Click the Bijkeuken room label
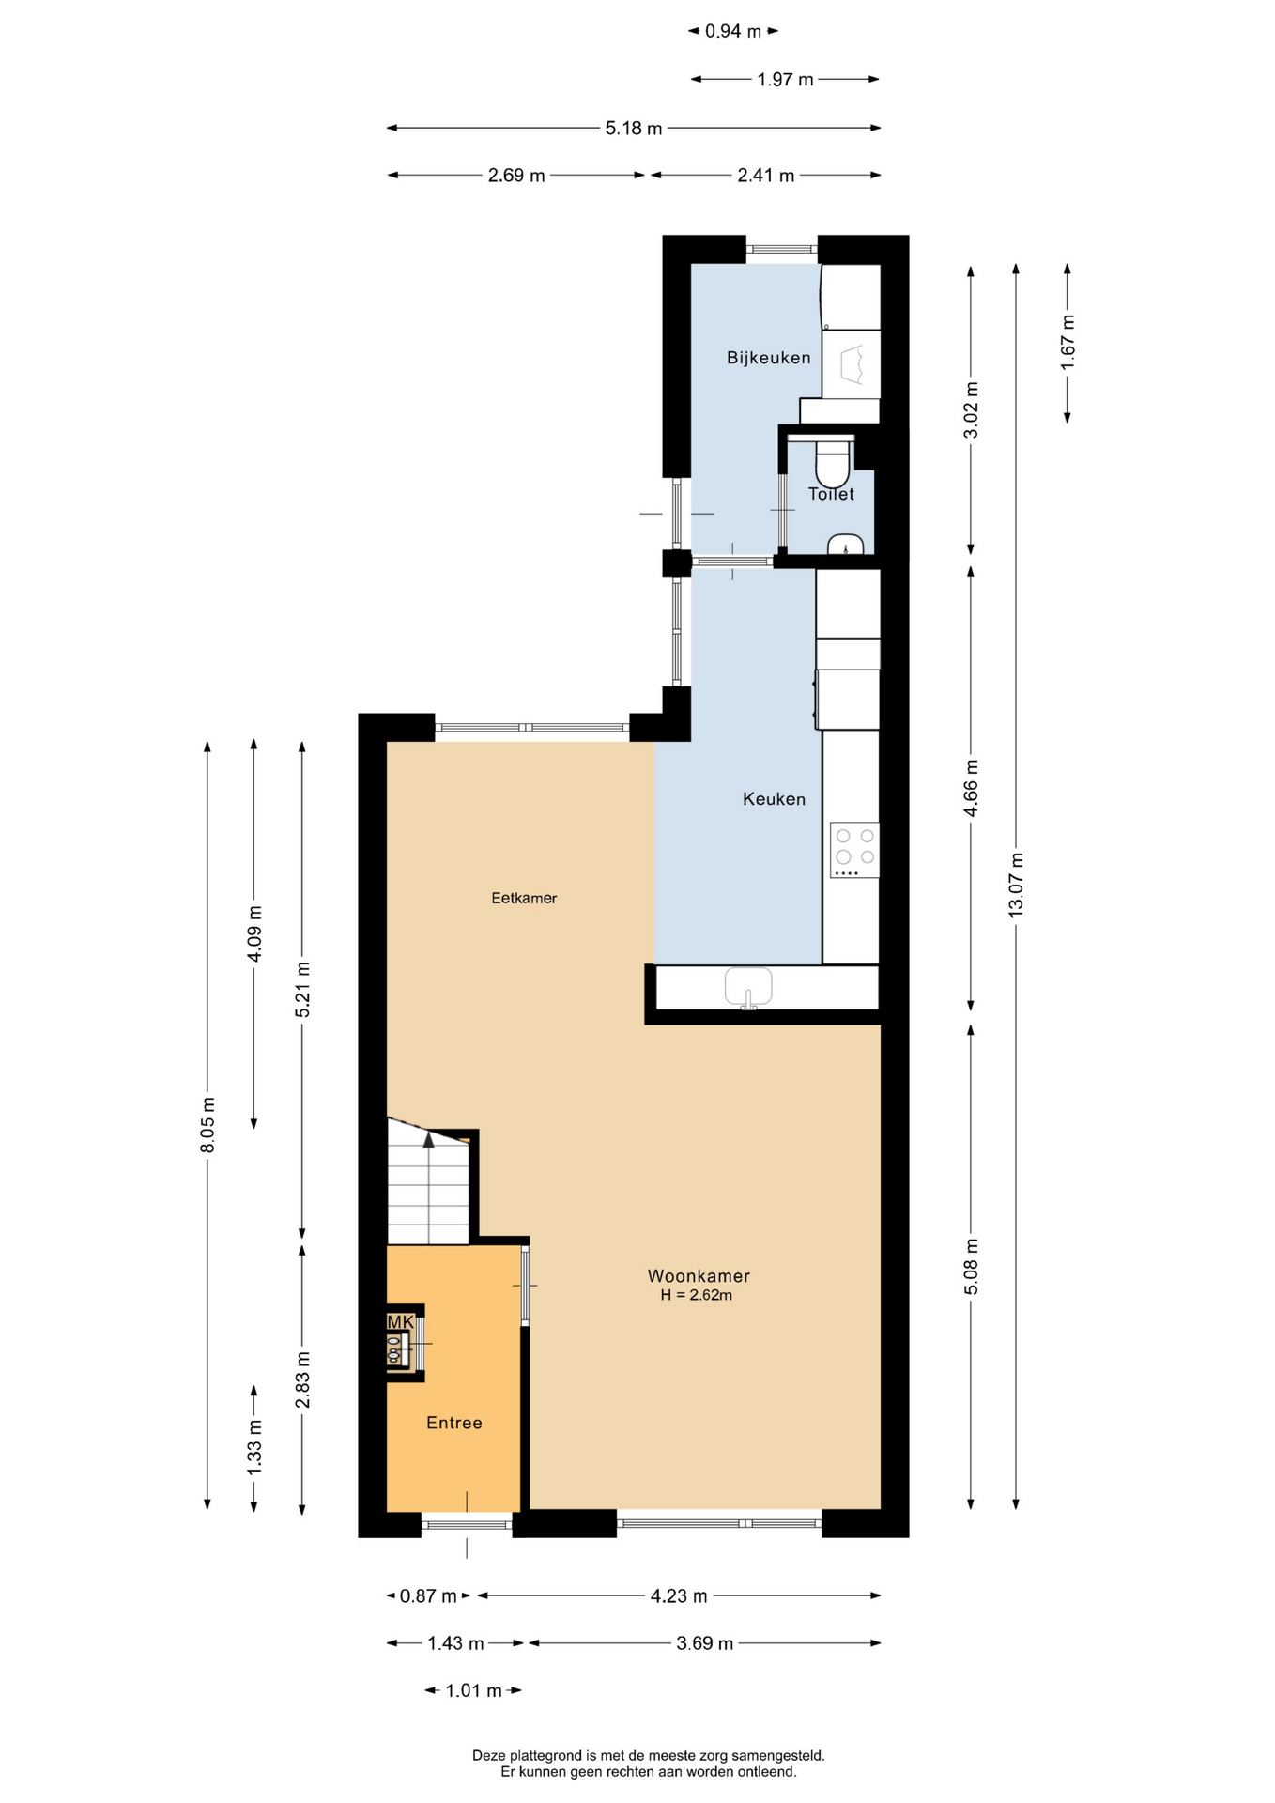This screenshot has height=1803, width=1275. (768, 358)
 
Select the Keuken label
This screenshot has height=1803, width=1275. (774, 799)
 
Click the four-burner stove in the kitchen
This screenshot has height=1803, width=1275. (854, 850)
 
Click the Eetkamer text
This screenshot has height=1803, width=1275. (524, 899)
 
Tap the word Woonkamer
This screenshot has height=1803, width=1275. (699, 1276)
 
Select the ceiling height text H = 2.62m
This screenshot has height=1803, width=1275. (696, 1295)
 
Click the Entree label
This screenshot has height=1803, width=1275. (454, 1423)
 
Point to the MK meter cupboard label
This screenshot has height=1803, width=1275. (401, 1322)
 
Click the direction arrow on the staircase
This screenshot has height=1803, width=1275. (429, 1139)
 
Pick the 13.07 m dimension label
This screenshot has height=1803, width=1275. (1016, 885)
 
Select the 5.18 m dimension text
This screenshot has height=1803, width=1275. (634, 128)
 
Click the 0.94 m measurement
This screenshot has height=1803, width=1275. (733, 31)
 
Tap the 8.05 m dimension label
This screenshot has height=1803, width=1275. (207, 1125)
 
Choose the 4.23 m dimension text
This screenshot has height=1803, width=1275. (679, 1595)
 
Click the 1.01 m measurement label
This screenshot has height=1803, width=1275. (474, 1690)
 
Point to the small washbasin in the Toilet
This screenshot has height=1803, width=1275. (846, 545)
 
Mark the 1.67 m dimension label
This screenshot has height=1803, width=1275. (1068, 342)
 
